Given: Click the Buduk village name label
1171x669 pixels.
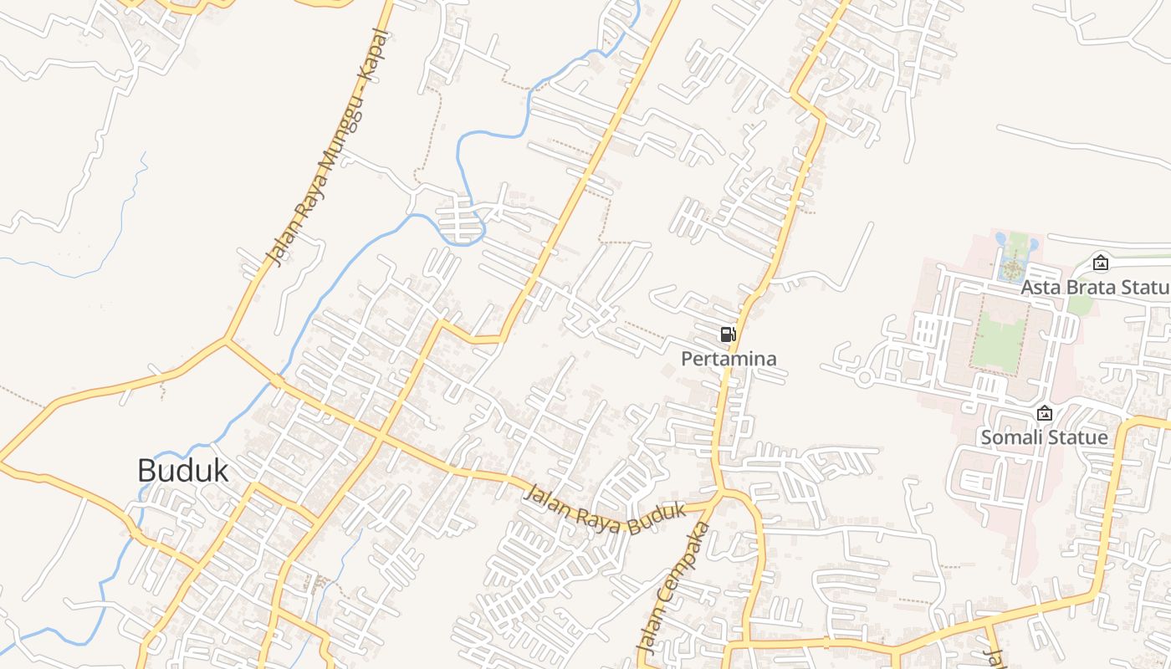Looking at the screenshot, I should (182, 470).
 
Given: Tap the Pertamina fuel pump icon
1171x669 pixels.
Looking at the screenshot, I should (728, 335).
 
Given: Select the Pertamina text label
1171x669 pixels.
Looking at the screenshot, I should (729, 359).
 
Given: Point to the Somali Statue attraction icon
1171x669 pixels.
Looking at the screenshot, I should (1044, 413).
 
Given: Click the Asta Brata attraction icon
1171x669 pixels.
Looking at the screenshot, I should (1101, 263).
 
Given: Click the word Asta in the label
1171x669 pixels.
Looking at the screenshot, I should (1041, 288).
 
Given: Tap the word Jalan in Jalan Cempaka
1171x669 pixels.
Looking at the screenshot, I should (649, 631).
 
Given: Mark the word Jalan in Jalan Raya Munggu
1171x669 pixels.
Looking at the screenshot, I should (277, 244).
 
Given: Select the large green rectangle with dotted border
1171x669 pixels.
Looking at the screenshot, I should (1000, 335).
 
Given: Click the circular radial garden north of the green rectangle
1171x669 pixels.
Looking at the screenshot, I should (1012, 269).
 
